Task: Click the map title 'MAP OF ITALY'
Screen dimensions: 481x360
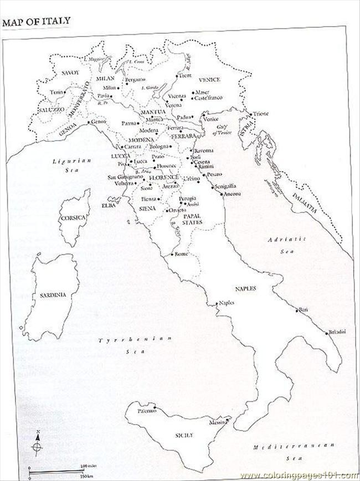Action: [x=36, y=22]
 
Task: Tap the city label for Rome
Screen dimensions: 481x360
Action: [x=182, y=254]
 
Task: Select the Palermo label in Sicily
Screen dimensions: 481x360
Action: [x=147, y=411]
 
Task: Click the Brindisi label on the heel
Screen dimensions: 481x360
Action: [x=337, y=332]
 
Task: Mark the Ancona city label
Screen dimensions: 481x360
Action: [x=233, y=194]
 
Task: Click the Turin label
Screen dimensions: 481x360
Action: [x=56, y=92]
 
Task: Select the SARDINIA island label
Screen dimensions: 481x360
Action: [x=53, y=296]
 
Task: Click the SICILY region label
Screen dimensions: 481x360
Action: [x=184, y=436]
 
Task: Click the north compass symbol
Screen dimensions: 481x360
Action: [x=37, y=442]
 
